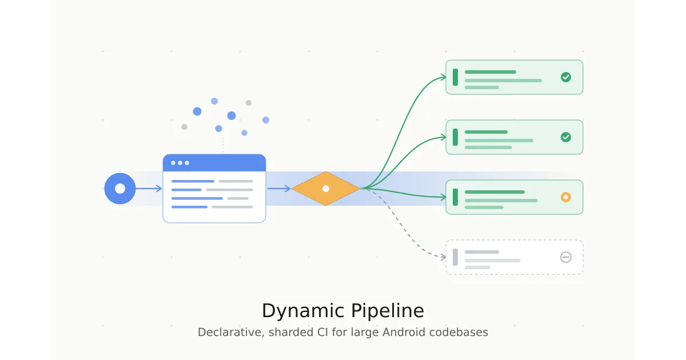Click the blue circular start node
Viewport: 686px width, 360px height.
[120, 189]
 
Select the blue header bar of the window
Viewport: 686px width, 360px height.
[214, 163]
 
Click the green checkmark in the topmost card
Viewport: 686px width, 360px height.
[566, 77]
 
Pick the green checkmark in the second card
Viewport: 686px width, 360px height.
[566, 137]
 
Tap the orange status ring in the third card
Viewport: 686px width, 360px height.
[566, 197]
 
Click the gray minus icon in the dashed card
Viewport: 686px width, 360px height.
[566, 257]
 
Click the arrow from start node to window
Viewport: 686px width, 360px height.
[149, 189]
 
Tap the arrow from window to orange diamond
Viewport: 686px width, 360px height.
[279, 189]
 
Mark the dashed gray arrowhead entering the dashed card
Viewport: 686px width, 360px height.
[443, 257]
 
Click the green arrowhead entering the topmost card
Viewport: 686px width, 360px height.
[443, 77]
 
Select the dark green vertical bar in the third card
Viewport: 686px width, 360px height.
[455, 197]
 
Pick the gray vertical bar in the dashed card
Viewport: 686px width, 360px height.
[455, 257]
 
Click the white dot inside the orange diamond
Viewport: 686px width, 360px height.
[326, 189]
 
